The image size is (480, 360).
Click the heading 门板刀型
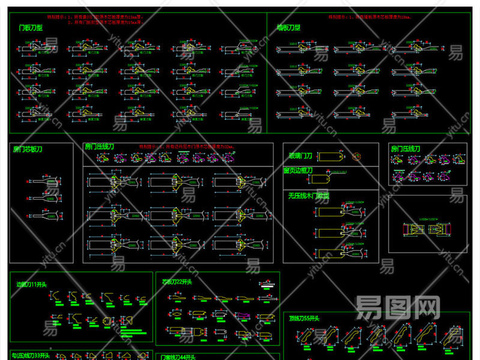click(30, 28)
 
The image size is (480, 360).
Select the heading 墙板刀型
click(289, 28)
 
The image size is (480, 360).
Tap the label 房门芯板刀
click(28, 149)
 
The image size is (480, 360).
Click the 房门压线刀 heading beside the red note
click(99, 146)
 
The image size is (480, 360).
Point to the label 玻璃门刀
click(301, 156)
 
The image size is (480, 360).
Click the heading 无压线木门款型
click(308, 196)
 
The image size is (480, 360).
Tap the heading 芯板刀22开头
click(176, 281)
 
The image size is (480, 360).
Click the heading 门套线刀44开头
click(176, 355)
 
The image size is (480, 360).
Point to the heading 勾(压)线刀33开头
click(31, 355)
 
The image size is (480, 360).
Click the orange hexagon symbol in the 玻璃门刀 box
click(358, 156)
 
